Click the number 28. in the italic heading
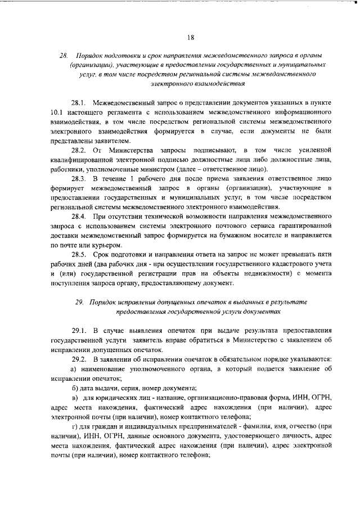coord(64,55)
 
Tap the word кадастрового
coord(285,264)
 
